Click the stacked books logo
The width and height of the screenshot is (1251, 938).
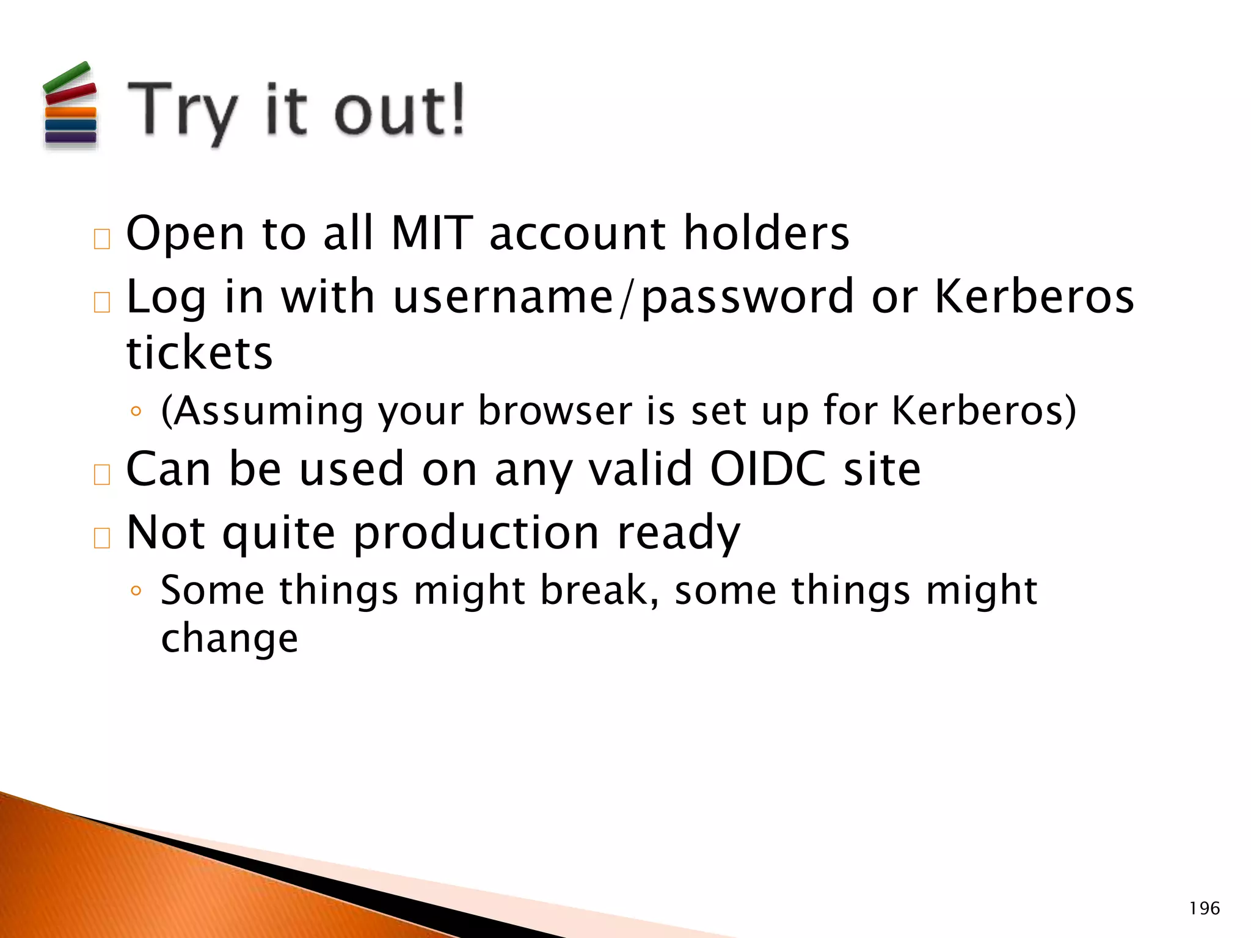point(70,105)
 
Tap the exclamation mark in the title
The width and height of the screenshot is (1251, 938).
point(455,109)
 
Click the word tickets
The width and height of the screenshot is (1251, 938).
point(199,352)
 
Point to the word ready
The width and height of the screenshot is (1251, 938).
point(678,533)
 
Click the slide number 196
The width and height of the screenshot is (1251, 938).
point(1204,909)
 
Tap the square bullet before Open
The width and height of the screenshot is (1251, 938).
point(102,239)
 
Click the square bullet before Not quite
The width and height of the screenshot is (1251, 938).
point(102,538)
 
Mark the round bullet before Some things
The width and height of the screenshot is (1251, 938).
point(136,591)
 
